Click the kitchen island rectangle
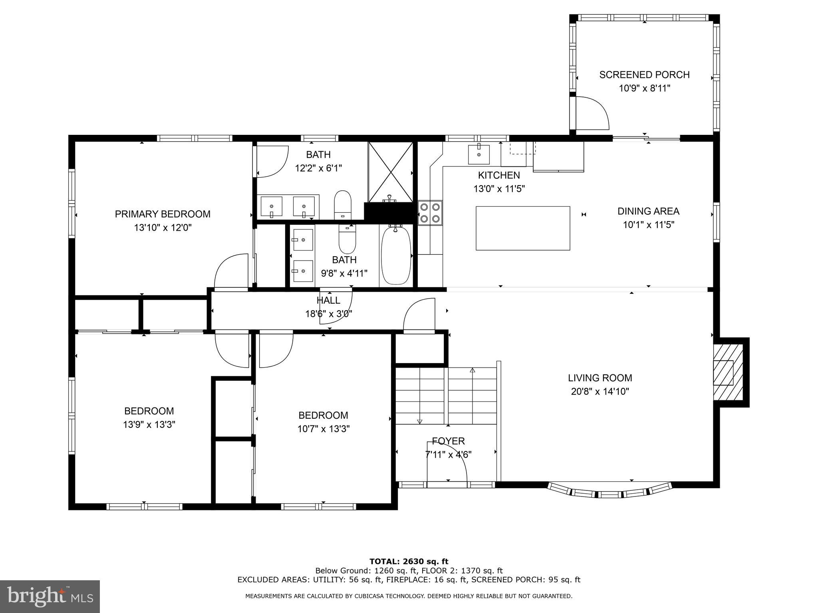click(x=522, y=228)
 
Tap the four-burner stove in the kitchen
click(x=430, y=213)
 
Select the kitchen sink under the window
click(x=478, y=154)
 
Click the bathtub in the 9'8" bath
click(x=396, y=255)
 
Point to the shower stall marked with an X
click(x=390, y=172)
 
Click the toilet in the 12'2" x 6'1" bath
click(x=342, y=204)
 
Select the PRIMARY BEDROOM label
click(x=163, y=214)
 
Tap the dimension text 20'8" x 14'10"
click(x=600, y=392)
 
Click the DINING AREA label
click(x=648, y=211)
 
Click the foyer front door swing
click(x=447, y=465)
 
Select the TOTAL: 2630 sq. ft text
click(x=409, y=562)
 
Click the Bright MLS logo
click(x=50, y=596)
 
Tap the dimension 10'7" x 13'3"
click(x=323, y=429)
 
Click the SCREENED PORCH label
click(x=644, y=75)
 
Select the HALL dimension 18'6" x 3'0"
click(x=328, y=314)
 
